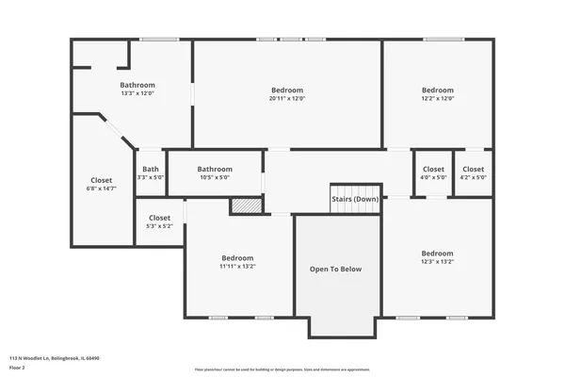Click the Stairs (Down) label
coord(355,199)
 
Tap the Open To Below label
coord(336,270)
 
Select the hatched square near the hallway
coord(245,205)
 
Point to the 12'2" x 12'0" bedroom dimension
coord(437,99)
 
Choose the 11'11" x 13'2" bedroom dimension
coord(237,267)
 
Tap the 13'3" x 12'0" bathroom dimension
coord(137,93)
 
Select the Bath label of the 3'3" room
coord(151,169)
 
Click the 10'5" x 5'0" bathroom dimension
coord(215,177)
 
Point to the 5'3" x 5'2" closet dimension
coord(159,226)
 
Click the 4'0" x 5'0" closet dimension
coord(433,177)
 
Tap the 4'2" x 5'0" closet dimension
coord(473,177)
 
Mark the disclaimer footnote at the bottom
coord(282,369)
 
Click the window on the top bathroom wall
coord(159,40)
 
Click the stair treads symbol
coord(355,208)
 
